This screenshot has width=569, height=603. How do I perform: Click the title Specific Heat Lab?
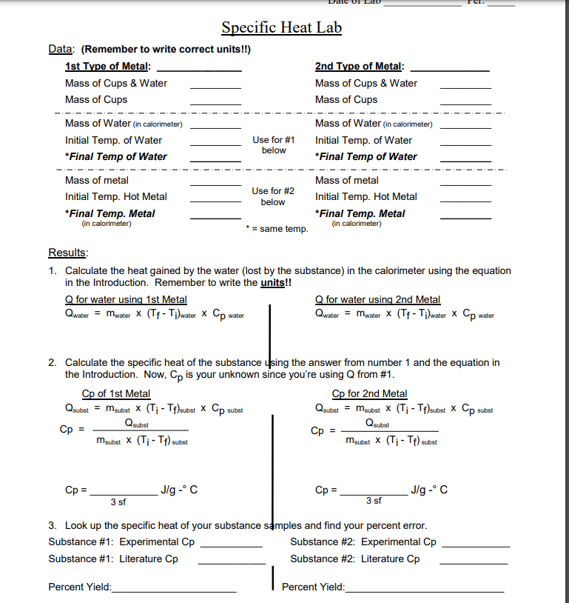281,28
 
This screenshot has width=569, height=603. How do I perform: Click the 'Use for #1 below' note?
273,145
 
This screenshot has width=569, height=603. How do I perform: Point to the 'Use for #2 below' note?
273,196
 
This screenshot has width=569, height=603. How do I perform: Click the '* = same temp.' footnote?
277,229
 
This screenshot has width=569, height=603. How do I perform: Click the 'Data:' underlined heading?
61,50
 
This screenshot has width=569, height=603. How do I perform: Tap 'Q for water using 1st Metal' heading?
126,299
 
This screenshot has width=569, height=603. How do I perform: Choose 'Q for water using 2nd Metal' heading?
377,299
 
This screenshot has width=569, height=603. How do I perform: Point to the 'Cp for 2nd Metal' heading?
369,393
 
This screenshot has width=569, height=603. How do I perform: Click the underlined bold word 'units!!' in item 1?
275,283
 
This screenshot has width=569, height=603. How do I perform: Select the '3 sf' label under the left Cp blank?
118,502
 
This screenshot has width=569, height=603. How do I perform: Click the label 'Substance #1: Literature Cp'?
113,559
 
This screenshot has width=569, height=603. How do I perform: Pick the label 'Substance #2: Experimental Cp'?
363,542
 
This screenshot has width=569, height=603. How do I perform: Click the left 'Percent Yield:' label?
79,587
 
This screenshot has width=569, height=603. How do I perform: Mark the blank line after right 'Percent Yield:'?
425,590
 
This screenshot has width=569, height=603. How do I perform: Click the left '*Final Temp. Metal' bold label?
110,213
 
